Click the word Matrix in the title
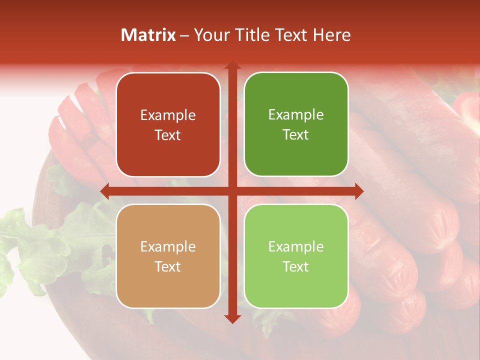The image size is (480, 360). coord(148,35)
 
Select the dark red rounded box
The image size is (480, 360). coord(168,124)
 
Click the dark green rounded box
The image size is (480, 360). coord(296,124)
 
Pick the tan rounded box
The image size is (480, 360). coord(168,256)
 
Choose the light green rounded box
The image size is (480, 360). coord(296,256)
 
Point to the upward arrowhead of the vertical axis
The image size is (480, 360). coord(232,65)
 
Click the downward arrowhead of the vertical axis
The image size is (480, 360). coord(232,318)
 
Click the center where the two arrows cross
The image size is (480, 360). coord(232,191)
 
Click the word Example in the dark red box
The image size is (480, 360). coord(168,115)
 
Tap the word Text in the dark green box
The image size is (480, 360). coord(296,135)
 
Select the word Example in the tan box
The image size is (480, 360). coord(168,247)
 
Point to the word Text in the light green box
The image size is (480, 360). coord(296,266)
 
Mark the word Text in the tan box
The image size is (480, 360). coord(168,266)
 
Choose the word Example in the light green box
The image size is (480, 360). coord(296,247)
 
